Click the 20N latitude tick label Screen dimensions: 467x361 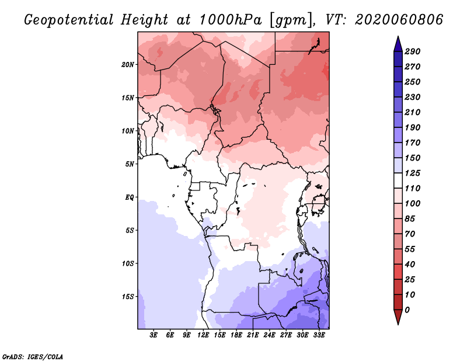(x=128, y=65)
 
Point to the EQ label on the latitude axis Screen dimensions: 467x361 (x=130, y=197)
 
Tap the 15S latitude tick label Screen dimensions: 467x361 (x=128, y=297)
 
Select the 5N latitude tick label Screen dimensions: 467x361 (x=130, y=164)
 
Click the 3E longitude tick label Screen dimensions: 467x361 (x=154, y=335)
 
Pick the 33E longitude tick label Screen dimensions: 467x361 (x=319, y=335)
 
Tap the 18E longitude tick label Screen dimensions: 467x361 (x=236, y=335)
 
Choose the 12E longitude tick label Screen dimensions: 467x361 (x=203, y=335)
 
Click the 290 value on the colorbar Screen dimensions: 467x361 (x=413, y=51)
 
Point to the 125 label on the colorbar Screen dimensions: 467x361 (x=413, y=173)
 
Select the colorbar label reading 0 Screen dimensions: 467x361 (x=407, y=310)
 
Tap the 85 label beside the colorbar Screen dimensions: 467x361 (x=410, y=219)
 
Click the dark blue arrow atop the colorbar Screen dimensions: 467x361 (x=398, y=44)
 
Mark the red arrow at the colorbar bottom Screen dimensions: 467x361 (x=398, y=317)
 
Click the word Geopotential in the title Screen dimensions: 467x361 (x=69, y=20)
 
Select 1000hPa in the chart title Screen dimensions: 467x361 (x=231, y=20)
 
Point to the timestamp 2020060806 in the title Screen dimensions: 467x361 (x=399, y=20)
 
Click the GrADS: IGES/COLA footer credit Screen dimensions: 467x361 (x=33, y=357)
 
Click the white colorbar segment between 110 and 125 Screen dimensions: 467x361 (x=398, y=180)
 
